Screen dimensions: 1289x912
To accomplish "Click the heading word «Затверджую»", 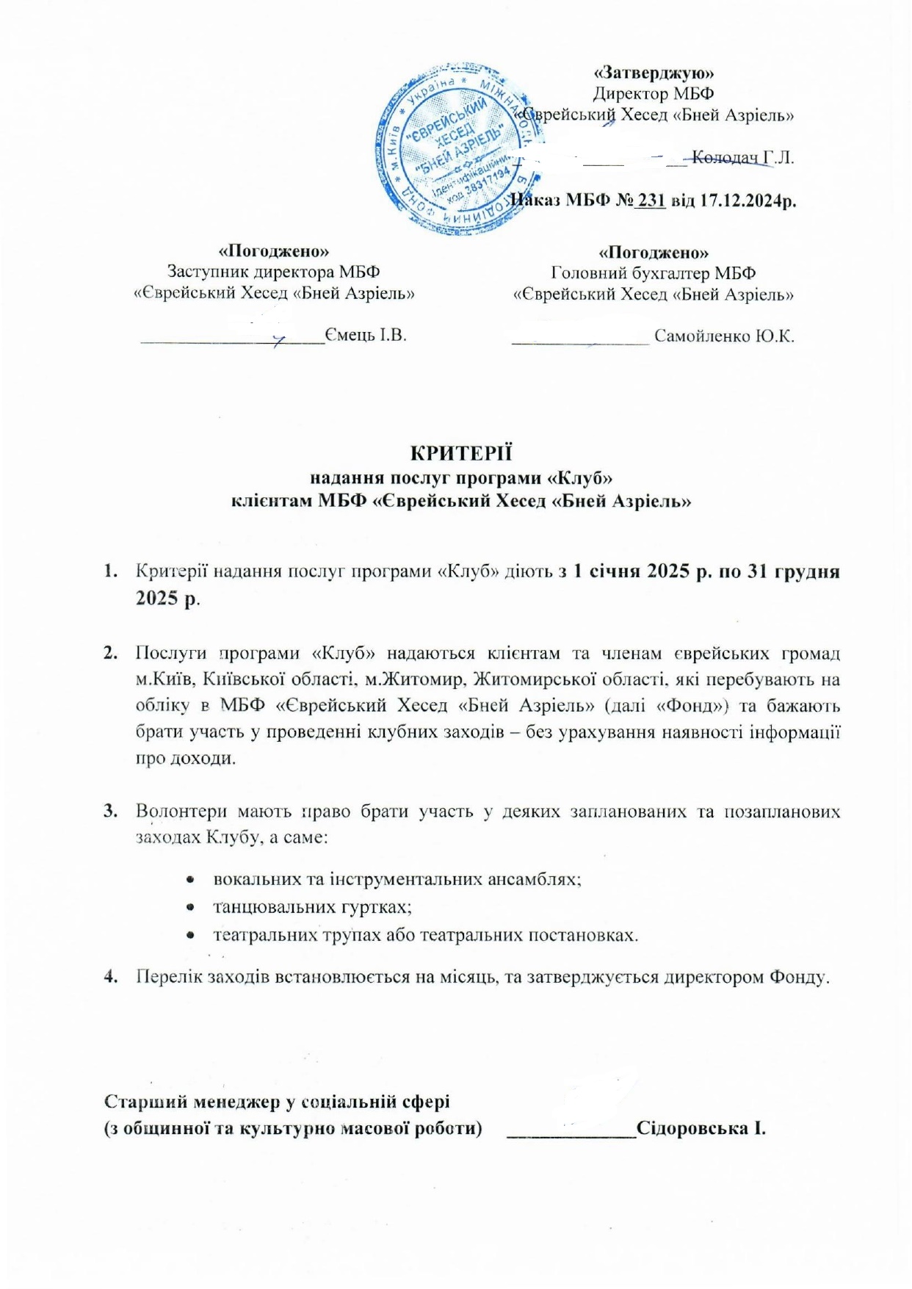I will coord(654,73).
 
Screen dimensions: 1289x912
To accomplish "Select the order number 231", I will coord(651,200).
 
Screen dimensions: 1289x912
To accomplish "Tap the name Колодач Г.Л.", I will coord(742,158).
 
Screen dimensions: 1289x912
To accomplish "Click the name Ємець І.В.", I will coord(366,336).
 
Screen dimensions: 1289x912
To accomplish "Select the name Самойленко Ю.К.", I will coord(724,336).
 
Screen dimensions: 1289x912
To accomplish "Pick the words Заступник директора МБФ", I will coord(274,273).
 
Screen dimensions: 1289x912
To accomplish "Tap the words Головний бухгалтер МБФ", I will coord(653,273).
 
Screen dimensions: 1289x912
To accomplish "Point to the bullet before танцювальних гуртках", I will coord(190,908).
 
